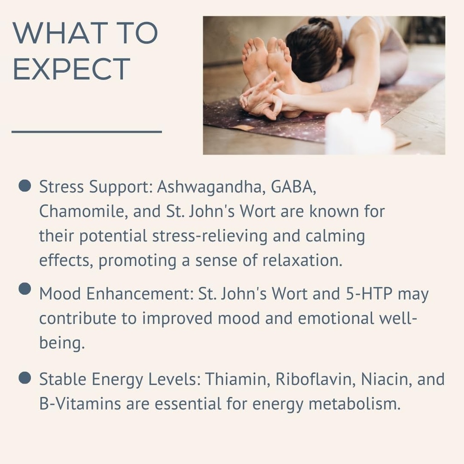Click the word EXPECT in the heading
coord(72,69)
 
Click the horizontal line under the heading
coord(87,131)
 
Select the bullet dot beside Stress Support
coord(24,185)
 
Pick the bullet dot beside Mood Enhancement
coord(24,289)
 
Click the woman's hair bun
coord(321,23)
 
